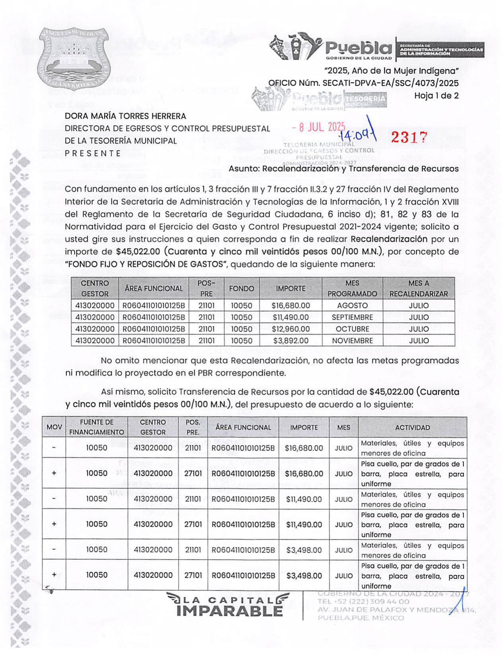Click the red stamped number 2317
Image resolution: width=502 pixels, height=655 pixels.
(409, 137)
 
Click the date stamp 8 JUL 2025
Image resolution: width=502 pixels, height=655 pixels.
(318, 127)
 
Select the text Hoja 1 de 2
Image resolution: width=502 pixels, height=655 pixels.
(436, 96)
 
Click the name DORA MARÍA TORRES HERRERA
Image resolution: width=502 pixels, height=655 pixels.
(125, 116)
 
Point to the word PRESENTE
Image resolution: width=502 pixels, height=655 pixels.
(93, 153)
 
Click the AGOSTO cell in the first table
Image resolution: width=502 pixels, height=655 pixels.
(352, 305)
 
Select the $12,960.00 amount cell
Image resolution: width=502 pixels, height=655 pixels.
(291, 329)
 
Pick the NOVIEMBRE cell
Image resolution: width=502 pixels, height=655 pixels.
(352, 341)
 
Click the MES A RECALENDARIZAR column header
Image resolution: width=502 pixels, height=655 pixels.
(419, 288)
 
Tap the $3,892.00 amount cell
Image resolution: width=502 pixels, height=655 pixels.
(291, 341)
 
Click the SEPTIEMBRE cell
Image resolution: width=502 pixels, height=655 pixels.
(352, 317)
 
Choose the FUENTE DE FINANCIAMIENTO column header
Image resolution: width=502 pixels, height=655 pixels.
(97, 427)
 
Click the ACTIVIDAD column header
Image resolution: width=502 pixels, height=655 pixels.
(412, 428)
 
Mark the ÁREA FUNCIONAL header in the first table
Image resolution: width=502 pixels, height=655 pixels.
(154, 288)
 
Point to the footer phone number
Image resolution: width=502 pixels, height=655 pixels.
(363, 602)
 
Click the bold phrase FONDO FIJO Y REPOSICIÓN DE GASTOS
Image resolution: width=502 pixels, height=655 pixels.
(146, 264)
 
